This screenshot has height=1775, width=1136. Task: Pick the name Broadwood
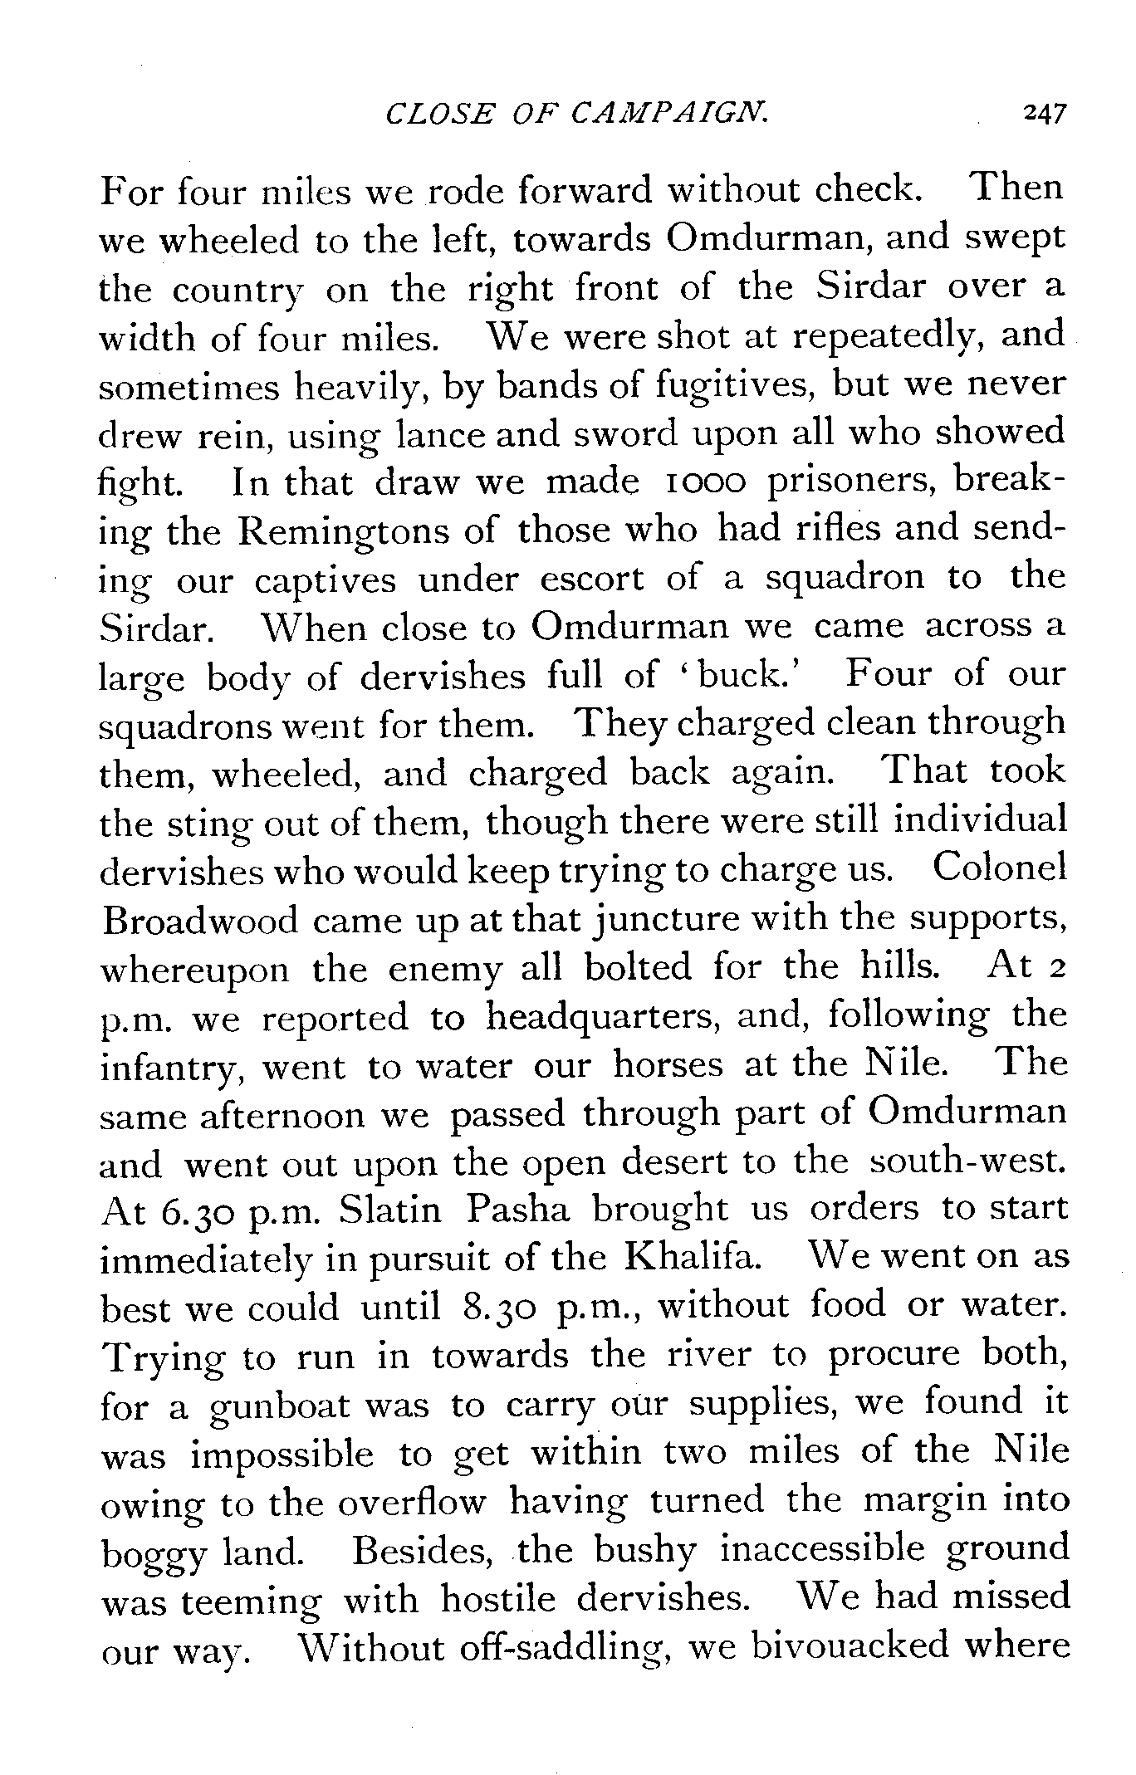198,921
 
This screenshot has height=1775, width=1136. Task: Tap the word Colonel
999,870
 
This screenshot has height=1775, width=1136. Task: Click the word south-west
967,1161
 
